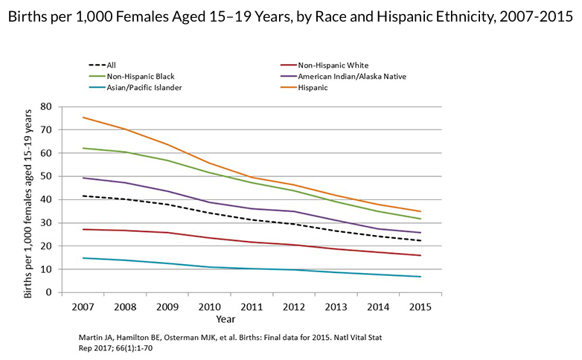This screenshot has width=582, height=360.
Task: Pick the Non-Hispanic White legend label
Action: point(332,65)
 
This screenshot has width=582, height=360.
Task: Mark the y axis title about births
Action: point(28,203)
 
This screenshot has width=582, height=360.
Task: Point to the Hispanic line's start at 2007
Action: point(83,118)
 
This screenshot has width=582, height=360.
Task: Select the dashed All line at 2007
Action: point(83,196)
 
